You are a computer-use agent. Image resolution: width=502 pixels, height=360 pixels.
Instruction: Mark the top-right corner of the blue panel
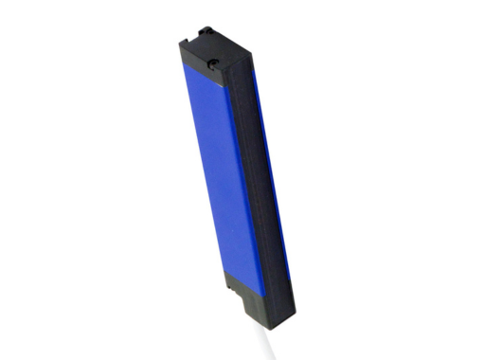[232, 85]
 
